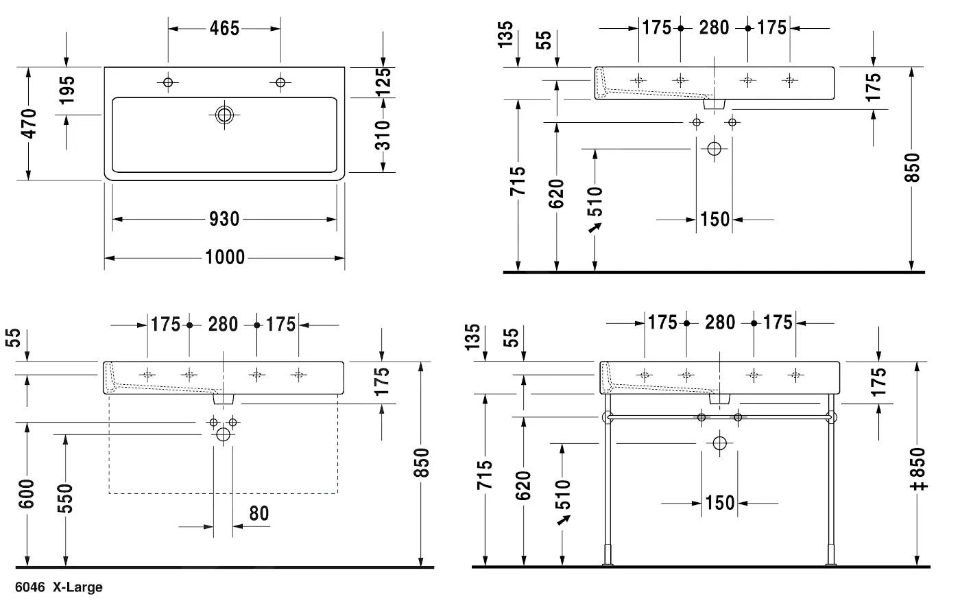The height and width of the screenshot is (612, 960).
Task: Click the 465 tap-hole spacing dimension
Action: (224, 28)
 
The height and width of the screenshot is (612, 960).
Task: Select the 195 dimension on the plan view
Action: (67, 91)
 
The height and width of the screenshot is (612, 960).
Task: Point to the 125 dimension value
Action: (384, 82)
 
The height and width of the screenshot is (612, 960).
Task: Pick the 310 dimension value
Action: (384, 135)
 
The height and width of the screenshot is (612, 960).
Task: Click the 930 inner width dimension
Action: (224, 220)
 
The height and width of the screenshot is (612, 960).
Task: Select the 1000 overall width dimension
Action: (225, 258)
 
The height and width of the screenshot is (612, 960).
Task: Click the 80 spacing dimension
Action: (259, 513)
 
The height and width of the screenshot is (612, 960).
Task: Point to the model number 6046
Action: (30, 587)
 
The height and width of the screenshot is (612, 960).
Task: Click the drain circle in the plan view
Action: (224, 115)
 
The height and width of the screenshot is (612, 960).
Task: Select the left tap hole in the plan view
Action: (168, 82)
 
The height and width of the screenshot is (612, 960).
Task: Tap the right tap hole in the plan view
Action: (280, 82)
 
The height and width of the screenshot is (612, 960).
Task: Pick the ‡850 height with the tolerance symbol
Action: (920, 469)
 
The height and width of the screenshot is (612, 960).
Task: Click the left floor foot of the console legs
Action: (608, 556)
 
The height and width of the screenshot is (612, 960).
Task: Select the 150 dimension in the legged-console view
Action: (719, 503)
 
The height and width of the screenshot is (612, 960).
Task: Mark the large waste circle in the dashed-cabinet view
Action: (223, 434)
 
